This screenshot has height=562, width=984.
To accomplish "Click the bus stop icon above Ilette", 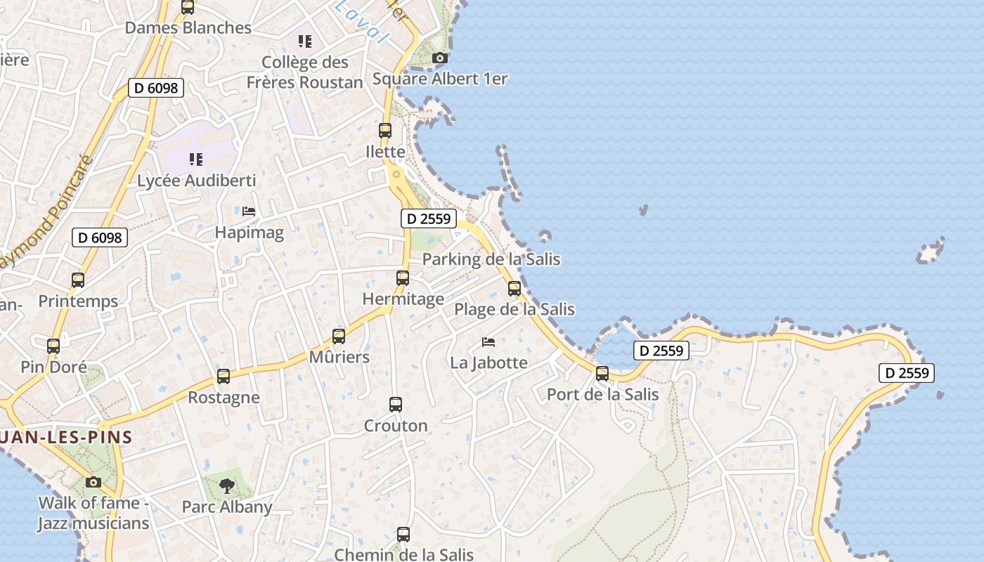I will tap(385, 131).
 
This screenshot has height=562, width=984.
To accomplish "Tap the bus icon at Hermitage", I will tap(403, 278).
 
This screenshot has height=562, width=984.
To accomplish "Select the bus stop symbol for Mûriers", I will tap(339, 336).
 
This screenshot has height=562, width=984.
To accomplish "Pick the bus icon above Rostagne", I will tap(224, 377).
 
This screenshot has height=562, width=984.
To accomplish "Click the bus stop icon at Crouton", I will tap(396, 405).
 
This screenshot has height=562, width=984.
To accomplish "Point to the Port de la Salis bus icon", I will tap(602, 374).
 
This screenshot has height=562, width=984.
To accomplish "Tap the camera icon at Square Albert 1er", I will tap(440, 58).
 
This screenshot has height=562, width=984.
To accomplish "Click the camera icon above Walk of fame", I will tap(93, 482).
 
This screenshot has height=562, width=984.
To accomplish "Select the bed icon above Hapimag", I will tap(248, 211).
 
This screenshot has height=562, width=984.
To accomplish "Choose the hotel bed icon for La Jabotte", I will tap(488, 342).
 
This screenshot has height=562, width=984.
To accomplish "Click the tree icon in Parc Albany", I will tap(226, 485).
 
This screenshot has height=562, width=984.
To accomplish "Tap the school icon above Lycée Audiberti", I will tap(196, 159).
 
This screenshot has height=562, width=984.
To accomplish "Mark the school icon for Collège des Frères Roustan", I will tap(304, 41).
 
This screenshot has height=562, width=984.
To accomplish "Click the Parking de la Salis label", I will tap(491, 259).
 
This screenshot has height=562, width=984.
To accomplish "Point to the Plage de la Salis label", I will tap(514, 309).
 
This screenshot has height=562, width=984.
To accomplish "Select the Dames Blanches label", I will tap(188, 28).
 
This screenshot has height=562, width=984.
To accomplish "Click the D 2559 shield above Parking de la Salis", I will tap(429, 218).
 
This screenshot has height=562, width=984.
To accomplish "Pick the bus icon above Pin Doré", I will tap(53, 346).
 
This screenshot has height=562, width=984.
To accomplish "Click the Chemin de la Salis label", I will tap(403, 554).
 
